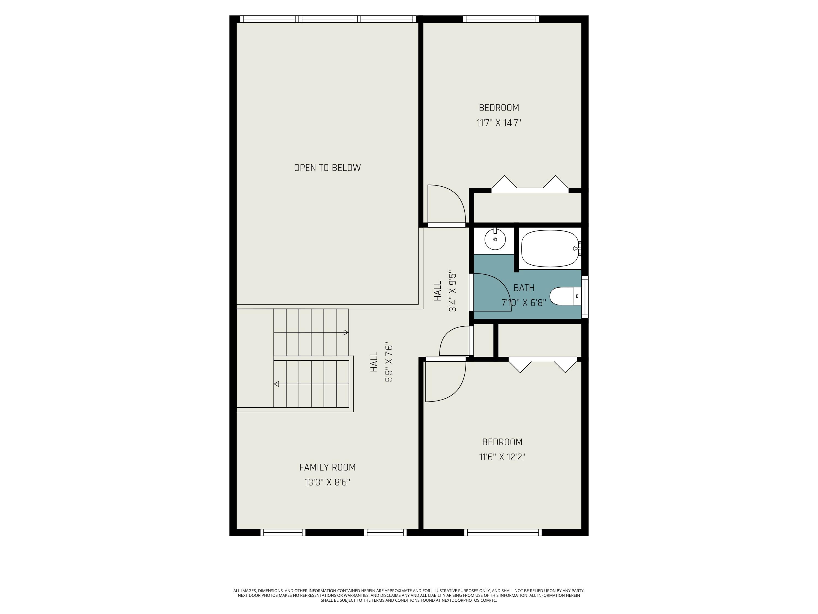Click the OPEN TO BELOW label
point(327,168)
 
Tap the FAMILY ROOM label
point(327,467)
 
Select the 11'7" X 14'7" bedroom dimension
point(499,123)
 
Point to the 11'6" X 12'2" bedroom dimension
point(502,457)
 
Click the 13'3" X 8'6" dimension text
point(327,483)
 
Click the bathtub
point(549,248)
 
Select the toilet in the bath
point(565,296)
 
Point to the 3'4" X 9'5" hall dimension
point(453,292)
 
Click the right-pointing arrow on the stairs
point(346,332)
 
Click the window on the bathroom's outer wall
point(585,297)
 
